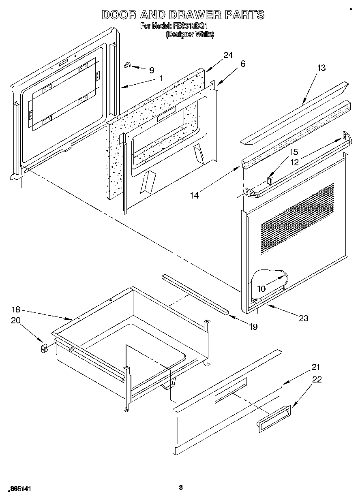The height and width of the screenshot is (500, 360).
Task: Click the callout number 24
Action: [x=228, y=56]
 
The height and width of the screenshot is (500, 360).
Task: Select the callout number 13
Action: [x=321, y=68]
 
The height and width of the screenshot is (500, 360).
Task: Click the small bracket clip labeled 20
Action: [x=44, y=348]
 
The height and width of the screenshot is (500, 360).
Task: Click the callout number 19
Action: [x=253, y=326]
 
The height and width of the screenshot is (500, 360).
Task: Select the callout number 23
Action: [x=303, y=318]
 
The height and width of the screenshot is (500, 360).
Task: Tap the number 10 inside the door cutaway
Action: [x=261, y=289]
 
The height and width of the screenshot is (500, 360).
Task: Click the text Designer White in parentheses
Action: [x=190, y=34]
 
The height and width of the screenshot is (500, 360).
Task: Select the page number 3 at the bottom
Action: [x=181, y=487]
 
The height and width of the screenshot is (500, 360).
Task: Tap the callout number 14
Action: [x=195, y=196]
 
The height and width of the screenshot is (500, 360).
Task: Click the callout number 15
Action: [x=294, y=152]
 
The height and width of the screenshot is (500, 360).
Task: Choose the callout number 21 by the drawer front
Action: [x=316, y=367]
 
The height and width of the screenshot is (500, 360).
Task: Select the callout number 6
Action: [x=242, y=64]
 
